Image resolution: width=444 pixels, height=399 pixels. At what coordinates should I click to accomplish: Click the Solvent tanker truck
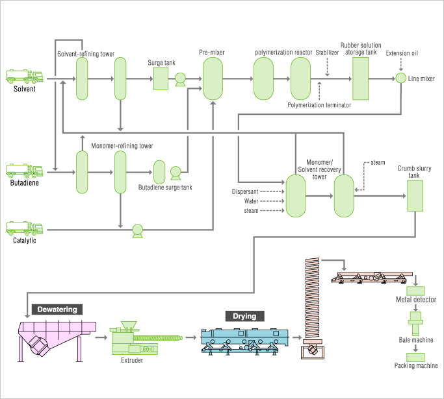pos(24,77)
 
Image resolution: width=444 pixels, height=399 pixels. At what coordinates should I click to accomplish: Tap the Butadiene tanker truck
pos(24,171)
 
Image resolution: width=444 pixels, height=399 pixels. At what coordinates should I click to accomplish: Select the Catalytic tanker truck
pos(24,228)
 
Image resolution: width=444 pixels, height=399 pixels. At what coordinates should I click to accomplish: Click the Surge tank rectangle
pos(161,79)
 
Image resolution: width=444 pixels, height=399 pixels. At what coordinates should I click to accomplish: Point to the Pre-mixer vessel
pos(213,79)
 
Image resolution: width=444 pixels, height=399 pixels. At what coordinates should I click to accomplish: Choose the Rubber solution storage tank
pos(361,79)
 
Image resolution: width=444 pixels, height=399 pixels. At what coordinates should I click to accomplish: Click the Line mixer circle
pos(400,78)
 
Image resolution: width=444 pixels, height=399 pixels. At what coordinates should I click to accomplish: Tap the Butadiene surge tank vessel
pos(159,172)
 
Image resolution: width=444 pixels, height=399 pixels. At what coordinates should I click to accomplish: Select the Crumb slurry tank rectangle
pos(415,196)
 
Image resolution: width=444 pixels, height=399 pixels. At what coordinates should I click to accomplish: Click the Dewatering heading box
pos(57,309)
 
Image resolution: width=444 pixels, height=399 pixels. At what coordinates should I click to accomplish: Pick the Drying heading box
pos(244,316)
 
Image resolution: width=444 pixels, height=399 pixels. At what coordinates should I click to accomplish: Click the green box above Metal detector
pos(415,291)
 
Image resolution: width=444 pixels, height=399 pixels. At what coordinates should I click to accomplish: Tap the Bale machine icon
pos(415,323)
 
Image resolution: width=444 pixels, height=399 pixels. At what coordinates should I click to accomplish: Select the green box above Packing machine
pos(415,357)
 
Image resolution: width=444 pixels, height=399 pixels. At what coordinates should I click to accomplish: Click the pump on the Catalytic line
pos(138,231)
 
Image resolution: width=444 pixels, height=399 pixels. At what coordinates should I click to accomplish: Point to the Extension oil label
pos(402,53)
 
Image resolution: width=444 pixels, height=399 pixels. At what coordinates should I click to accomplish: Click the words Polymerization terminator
pos(319,105)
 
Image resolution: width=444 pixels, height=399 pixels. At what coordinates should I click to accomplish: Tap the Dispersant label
pos(245,191)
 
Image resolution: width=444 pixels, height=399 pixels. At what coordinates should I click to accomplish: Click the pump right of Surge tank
pos(180,79)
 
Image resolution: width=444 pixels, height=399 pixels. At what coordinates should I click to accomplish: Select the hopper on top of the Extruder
pos(129,324)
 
